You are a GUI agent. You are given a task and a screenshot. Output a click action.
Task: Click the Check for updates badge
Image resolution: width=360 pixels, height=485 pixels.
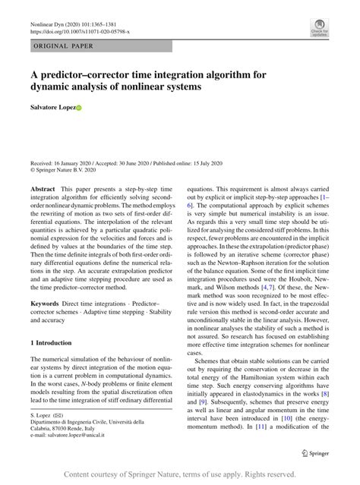pyautogui.click(x=318, y=28)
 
